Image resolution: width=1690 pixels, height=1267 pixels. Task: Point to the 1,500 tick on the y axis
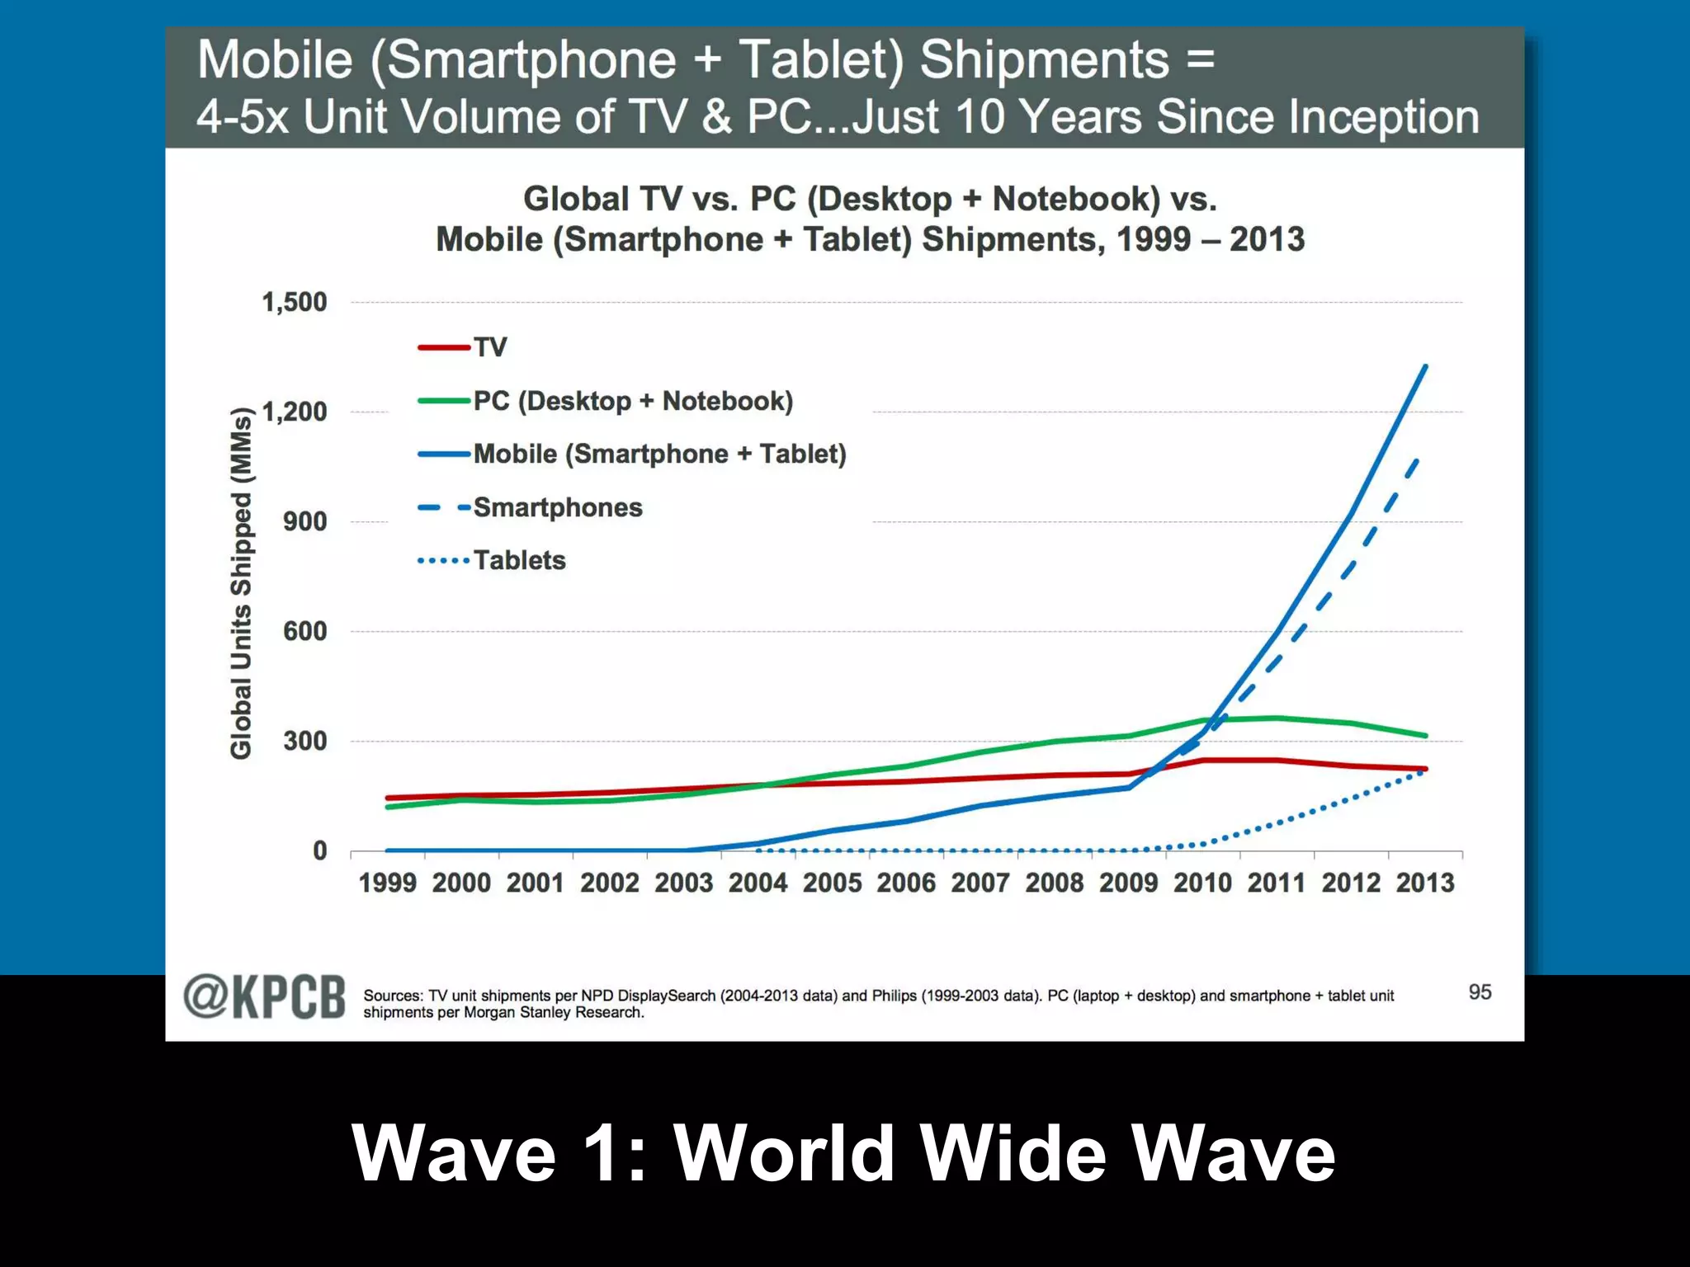(294, 302)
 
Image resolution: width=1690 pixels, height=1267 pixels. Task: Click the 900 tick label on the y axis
(304, 521)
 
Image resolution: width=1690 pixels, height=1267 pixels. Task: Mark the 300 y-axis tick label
(304, 741)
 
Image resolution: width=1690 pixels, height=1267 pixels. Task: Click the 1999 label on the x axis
(387, 883)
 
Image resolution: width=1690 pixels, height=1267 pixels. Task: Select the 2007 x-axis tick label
(980, 883)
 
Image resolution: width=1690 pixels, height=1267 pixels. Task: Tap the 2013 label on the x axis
(1424, 883)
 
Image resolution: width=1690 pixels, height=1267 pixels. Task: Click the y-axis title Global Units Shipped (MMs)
(240, 582)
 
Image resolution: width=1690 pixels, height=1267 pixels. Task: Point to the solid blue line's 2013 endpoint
(1425, 366)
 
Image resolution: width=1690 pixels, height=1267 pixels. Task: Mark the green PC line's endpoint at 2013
(1425, 736)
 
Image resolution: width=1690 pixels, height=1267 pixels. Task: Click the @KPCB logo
(264, 997)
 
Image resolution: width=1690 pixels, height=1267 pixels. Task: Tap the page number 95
(1480, 992)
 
